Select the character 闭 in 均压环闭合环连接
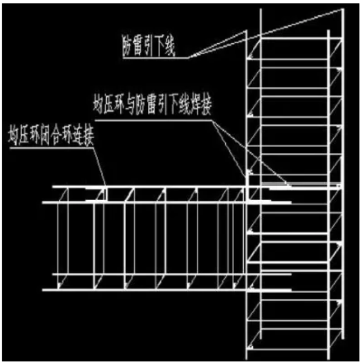point(45,136)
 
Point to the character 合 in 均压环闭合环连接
point(56,136)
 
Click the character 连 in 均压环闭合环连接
point(78,136)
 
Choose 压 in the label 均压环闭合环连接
point(24,136)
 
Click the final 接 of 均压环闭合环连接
point(89,136)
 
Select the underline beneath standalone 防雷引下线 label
point(155,58)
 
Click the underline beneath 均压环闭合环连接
point(51,148)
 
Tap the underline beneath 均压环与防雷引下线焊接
point(153,120)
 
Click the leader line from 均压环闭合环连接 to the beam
point(99,167)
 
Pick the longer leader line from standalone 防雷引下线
point(265,33)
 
